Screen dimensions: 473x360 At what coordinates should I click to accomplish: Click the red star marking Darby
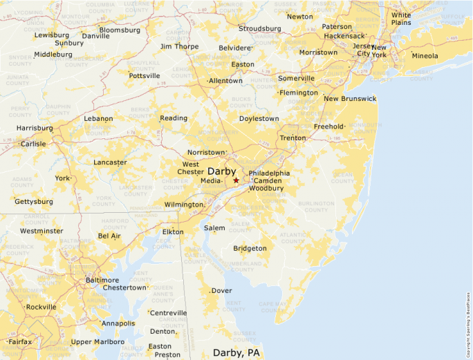point(236,180)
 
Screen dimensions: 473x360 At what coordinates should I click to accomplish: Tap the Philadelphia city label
point(269,173)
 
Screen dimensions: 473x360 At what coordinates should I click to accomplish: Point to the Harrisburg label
point(35,128)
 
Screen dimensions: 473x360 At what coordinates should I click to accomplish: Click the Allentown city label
point(226,81)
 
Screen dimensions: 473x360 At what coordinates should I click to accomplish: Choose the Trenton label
point(293,138)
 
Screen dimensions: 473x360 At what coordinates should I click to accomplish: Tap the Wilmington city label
point(183,205)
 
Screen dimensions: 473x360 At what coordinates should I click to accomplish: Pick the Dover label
point(221,291)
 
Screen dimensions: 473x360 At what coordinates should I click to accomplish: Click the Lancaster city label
point(110,162)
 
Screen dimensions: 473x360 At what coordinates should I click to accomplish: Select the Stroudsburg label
point(259,29)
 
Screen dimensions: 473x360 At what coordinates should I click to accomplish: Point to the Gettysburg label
point(35,202)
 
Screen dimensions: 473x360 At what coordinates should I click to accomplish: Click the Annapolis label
point(118,323)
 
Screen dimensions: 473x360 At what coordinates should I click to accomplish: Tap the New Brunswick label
point(350,99)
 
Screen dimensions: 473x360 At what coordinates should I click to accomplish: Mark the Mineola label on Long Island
point(425,56)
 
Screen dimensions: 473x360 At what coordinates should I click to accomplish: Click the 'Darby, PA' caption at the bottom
point(236,352)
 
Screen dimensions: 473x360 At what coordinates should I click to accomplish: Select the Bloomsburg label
point(120,30)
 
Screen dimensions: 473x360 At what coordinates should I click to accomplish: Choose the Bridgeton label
point(250,248)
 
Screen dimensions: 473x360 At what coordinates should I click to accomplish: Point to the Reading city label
point(174,118)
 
